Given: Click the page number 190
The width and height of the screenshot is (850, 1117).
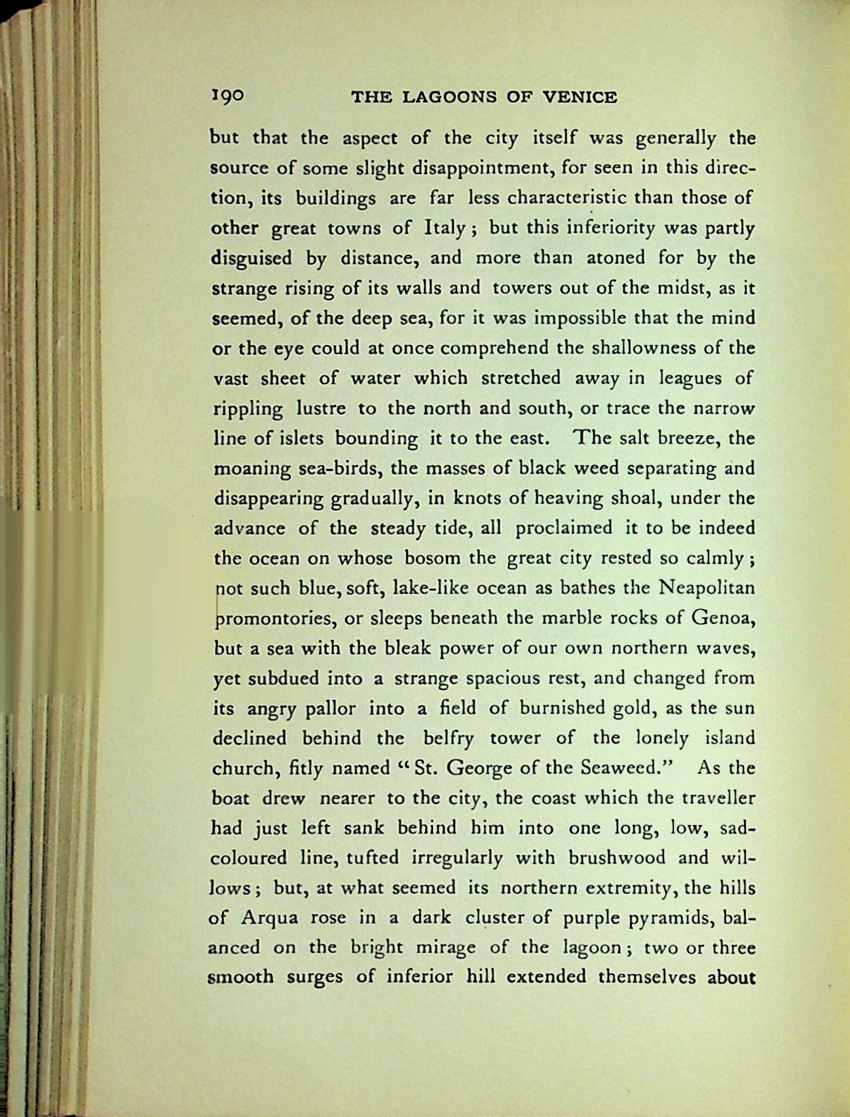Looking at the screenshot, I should [x=227, y=97].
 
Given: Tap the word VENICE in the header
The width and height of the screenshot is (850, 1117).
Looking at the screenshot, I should [x=580, y=98].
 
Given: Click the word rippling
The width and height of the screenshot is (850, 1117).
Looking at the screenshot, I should [x=248, y=409].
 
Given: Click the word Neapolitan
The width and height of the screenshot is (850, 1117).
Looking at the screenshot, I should [x=706, y=588].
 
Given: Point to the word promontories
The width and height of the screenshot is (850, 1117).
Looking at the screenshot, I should [x=275, y=619].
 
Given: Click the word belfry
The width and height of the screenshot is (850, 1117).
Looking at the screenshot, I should [x=448, y=739].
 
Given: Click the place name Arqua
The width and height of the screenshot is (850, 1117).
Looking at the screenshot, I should [x=270, y=918].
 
